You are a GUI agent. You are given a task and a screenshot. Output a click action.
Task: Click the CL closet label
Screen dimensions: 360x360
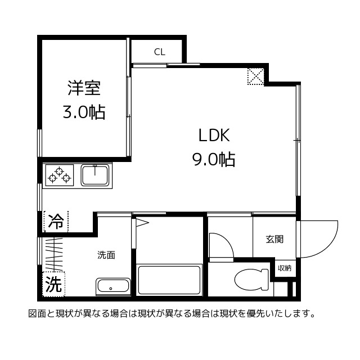(160, 52)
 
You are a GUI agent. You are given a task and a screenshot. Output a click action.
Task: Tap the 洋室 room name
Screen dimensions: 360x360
(84, 88)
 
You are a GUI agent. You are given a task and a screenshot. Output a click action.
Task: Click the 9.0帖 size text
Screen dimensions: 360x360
(214, 160)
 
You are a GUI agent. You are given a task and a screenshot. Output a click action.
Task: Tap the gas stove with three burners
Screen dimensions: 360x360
(60, 174)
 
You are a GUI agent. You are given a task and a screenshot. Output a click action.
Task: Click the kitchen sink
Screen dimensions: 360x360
(95, 175)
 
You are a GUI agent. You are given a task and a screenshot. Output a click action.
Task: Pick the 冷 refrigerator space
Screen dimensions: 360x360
(56, 222)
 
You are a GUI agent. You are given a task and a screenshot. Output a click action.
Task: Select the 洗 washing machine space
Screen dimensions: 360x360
(53, 284)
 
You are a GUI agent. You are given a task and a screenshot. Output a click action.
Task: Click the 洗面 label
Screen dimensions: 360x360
(106, 255)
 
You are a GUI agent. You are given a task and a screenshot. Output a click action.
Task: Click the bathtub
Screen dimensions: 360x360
(169, 280)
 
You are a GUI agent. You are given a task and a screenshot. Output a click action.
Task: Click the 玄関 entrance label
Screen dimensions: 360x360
(274, 239)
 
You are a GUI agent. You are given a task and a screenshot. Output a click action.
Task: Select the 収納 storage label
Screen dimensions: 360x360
(284, 268)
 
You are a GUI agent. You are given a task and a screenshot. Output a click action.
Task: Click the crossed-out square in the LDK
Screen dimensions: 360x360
(256, 76)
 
